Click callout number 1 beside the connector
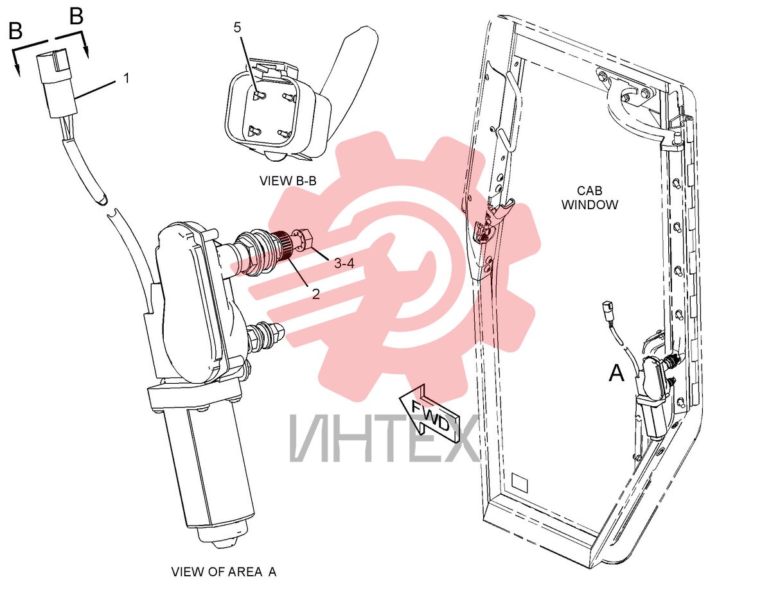click(127, 78)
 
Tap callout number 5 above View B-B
click(237, 28)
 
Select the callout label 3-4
click(344, 263)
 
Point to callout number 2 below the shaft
click(315, 293)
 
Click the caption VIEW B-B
click(288, 181)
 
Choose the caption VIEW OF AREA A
click(224, 571)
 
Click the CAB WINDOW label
click(589, 198)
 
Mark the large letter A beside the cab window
click(616, 373)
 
